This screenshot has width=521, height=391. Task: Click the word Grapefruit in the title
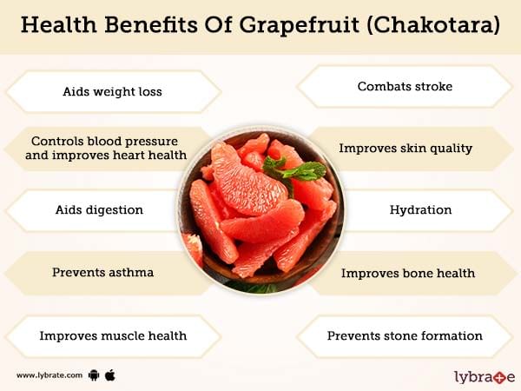299,25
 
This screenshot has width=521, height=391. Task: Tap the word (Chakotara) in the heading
433,25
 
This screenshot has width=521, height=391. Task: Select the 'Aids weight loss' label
112,91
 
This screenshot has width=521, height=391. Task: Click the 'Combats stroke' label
405,86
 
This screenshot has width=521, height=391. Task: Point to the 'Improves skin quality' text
406,149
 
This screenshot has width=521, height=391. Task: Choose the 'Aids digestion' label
99,210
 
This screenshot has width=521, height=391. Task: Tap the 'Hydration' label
420,209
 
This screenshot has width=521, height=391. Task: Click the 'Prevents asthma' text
103,272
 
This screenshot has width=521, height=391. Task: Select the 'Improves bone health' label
408,274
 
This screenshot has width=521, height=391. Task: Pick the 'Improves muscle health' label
113,335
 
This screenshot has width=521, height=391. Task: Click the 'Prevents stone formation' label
405,335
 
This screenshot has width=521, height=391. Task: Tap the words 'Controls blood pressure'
104,142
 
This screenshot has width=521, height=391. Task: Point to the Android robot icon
94,375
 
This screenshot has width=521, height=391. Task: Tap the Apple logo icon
110,375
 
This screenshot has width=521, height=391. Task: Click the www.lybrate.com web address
49,375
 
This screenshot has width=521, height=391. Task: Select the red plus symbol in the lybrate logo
500,377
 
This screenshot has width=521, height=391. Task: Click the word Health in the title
59,25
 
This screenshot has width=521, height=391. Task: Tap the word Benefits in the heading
151,25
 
